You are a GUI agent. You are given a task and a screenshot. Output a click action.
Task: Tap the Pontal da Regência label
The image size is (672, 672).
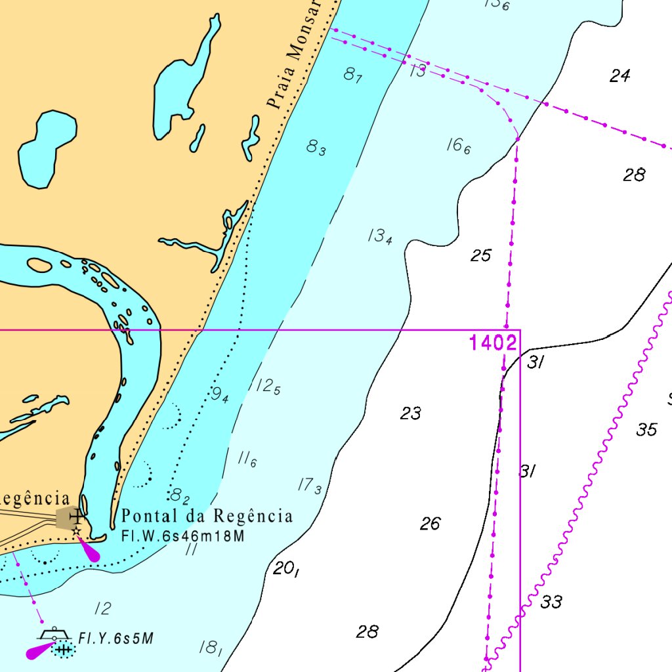coord(207,516)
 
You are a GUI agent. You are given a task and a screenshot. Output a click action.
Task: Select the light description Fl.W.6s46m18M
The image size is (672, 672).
coord(183,536)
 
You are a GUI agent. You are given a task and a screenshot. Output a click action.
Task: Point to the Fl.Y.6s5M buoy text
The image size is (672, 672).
coord(116,639)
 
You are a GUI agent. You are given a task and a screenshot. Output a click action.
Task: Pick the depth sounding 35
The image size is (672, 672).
coord(646,430)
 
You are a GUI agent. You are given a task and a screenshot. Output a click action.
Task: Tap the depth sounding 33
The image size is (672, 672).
coord(551,602)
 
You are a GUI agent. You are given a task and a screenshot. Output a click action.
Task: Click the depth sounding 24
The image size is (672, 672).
coord(619,76)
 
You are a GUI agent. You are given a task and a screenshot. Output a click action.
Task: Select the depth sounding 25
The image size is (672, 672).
coord(480,255)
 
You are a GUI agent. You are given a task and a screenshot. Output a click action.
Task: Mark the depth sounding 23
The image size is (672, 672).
coord(411,413)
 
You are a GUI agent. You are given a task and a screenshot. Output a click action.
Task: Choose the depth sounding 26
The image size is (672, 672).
coord(430,524)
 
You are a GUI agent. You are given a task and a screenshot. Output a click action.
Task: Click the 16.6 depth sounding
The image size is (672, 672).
coord(459,146)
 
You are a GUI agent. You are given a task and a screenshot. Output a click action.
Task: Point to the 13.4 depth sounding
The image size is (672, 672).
coord(380,236)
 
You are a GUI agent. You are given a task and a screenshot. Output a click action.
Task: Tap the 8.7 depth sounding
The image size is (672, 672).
coord(353,75)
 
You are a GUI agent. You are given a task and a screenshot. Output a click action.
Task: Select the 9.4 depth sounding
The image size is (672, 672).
coord(220,394)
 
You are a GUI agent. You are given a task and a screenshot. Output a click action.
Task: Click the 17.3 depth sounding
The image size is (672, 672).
coord(310,486)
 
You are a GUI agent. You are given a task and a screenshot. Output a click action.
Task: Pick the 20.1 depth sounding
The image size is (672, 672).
coord(286,569)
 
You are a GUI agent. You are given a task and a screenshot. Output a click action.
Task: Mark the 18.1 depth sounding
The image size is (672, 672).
coord(210,648)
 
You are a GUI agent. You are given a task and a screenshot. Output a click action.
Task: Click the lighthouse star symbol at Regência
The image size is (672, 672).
coord(77,530)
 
